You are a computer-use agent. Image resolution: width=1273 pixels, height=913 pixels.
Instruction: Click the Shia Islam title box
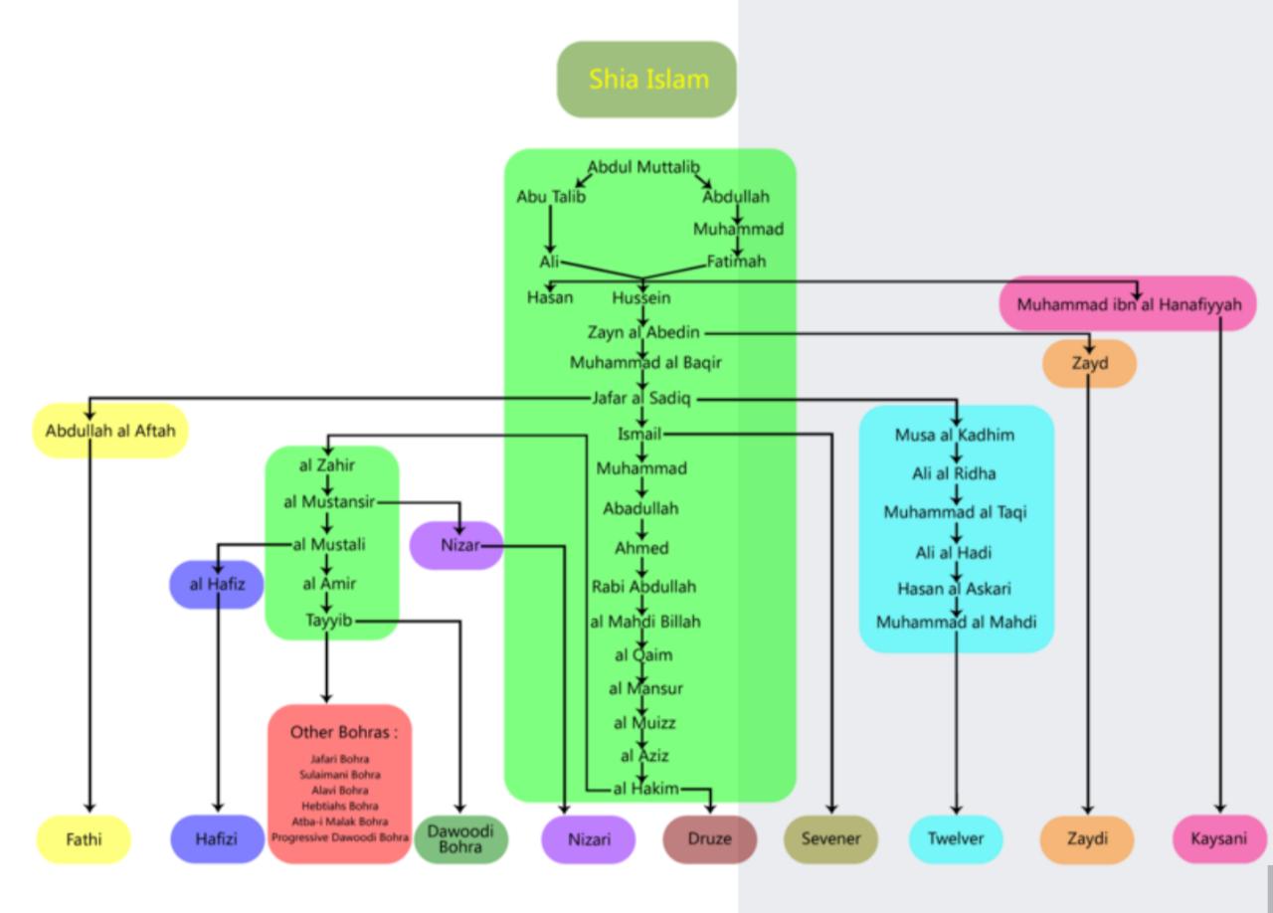pos(646,80)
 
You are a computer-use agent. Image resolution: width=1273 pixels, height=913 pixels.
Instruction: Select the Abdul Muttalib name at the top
pos(643,167)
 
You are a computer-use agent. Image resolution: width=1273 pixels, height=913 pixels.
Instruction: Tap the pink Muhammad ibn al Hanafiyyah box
pos(1128,304)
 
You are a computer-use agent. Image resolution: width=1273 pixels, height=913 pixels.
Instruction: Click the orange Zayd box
pos(1089,363)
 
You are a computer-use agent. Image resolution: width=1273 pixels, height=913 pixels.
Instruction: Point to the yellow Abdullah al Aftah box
pos(109,431)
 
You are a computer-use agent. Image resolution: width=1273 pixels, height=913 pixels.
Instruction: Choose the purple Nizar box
pos(457,545)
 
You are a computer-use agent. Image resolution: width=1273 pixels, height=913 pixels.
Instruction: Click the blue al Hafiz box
pos(217,584)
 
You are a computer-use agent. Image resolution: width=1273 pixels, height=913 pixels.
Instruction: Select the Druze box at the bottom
pos(709,838)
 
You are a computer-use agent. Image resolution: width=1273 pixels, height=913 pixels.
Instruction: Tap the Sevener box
pos(830,838)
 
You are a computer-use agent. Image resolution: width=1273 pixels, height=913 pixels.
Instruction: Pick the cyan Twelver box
pos(955,838)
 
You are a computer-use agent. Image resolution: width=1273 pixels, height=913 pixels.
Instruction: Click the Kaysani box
pos(1218,838)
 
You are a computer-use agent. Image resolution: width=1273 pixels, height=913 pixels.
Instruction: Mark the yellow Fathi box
pos(84,838)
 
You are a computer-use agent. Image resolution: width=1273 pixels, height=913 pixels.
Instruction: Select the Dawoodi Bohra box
pos(460,838)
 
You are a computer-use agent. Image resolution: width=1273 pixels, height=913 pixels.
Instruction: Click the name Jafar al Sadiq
pos(641,398)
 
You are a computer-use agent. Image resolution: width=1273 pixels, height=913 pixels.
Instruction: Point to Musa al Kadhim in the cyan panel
pos(955,435)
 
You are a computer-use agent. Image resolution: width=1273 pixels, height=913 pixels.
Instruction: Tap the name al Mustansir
pos(328,502)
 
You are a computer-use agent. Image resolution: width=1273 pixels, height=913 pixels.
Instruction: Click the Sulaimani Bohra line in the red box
pos(339,775)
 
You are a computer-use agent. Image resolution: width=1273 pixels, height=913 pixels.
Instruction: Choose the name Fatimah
pos(737,262)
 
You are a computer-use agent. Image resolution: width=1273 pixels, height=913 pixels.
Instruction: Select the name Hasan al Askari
pos(954,588)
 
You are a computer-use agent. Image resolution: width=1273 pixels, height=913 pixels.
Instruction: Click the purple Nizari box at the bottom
pos(589,838)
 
